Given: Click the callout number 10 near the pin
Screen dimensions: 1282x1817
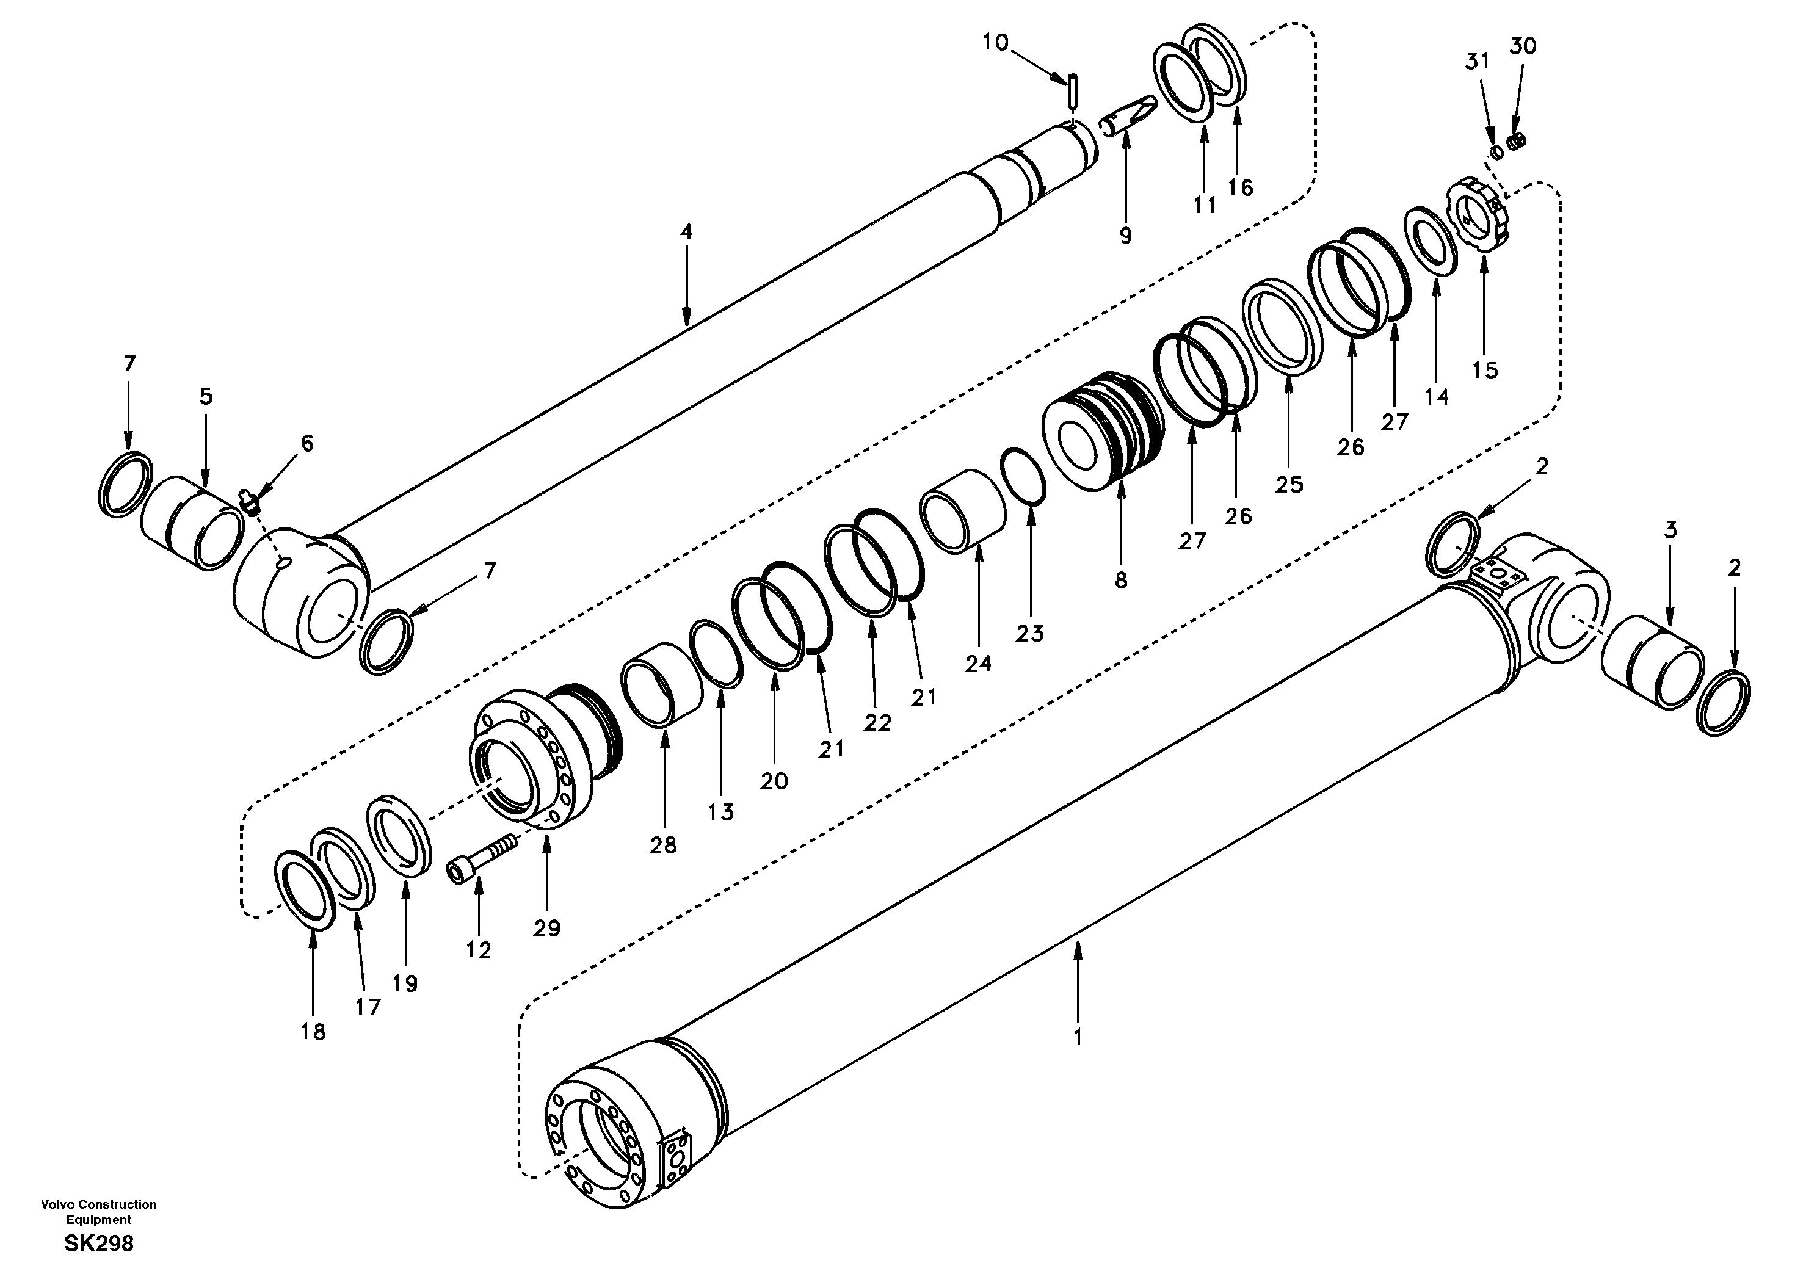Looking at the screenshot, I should [x=996, y=42].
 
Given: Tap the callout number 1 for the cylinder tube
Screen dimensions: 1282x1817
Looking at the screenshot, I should [x=1077, y=1037].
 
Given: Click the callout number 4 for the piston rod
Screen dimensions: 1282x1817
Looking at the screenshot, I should [x=686, y=232].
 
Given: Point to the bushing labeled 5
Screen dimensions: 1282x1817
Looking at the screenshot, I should [x=192, y=523].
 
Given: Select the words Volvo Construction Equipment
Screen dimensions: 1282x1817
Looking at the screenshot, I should [x=99, y=1212].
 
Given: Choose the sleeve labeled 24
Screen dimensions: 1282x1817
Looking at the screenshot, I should [x=962, y=521].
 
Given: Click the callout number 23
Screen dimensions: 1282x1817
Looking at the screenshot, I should [x=1031, y=633].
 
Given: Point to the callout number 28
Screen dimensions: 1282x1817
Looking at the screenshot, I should [x=663, y=845].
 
